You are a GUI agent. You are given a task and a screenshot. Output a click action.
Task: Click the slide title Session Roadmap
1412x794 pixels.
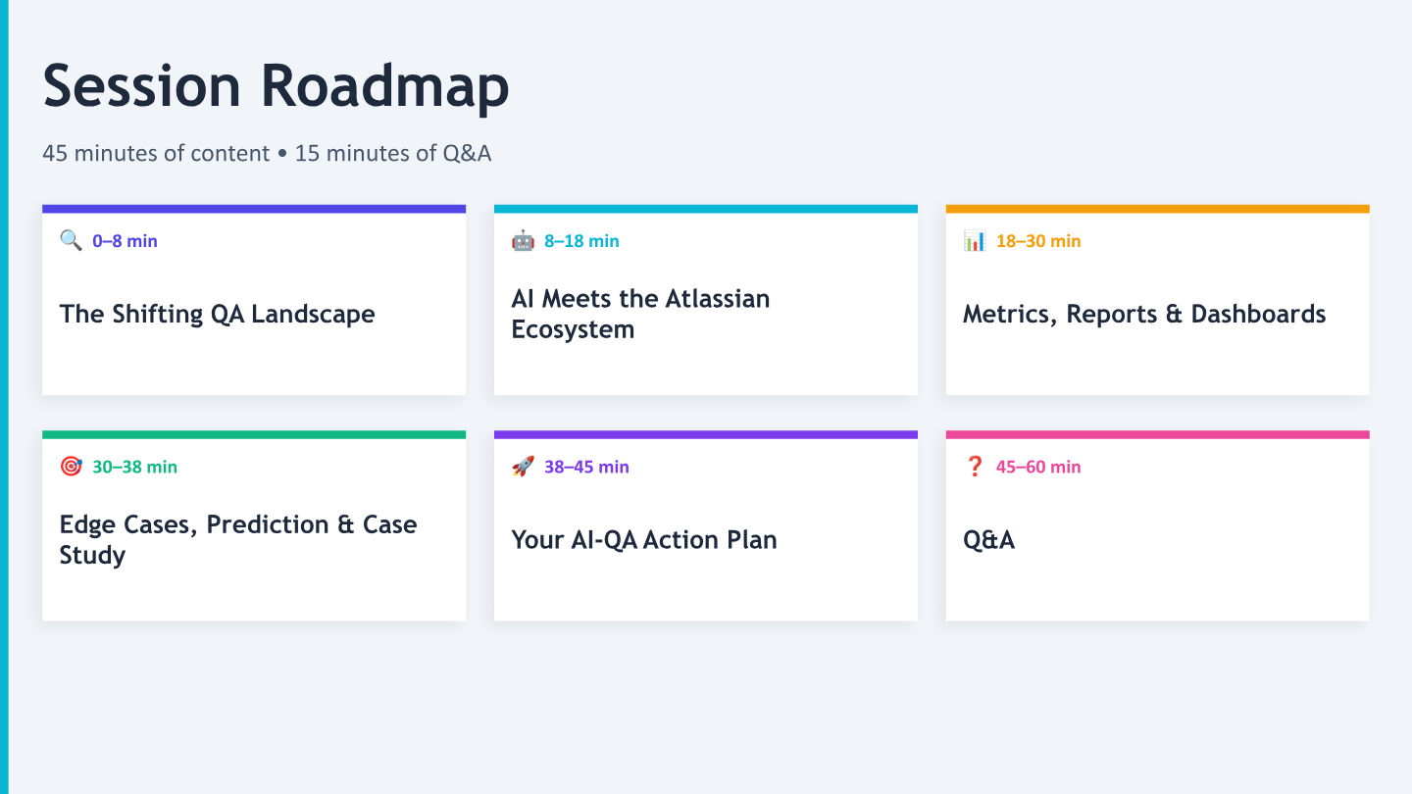coord(276,87)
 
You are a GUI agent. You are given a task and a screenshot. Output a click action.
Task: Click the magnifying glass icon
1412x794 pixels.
coord(71,240)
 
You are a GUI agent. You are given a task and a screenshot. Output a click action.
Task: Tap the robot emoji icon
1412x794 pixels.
coord(523,240)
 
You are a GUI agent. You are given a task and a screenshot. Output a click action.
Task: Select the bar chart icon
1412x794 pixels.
coord(975,240)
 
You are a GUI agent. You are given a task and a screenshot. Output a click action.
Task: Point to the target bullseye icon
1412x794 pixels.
coord(71,467)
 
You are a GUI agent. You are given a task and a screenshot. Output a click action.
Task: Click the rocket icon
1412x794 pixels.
coord(523,467)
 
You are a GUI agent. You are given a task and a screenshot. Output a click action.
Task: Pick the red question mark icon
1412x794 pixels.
coord(975,467)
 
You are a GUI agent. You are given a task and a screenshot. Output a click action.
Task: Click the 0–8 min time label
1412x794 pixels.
coord(125,241)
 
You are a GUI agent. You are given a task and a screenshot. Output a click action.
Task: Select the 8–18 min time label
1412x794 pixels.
coord(581,241)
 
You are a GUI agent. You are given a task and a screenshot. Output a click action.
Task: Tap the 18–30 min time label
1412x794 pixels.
coord(1038,241)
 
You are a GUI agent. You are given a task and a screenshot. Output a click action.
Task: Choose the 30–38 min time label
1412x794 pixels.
coord(135,467)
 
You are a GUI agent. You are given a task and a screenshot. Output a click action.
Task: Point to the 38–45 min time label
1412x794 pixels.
coord(586,467)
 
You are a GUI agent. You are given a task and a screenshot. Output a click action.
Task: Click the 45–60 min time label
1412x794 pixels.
coord(1038,467)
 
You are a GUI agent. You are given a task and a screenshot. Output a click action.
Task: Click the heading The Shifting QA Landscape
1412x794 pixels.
coord(218,315)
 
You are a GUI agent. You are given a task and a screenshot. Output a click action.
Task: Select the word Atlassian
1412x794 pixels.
coord(718,299)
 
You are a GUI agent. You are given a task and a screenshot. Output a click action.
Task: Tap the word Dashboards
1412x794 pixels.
coord(1258,314)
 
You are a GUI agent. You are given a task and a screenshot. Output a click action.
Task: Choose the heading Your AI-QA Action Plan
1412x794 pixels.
coord(644,540)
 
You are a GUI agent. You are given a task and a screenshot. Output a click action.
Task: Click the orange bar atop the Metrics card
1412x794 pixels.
coord(1157,209)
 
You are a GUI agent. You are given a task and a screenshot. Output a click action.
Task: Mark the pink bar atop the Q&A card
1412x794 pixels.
coord(1157,435)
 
